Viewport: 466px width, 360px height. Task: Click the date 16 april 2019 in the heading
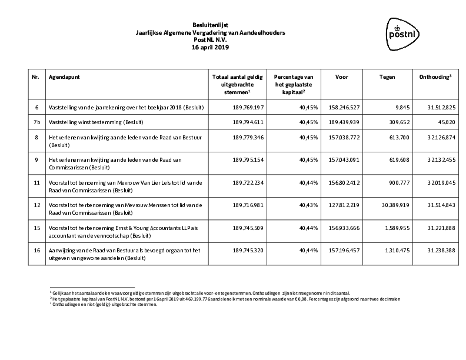tap(209, 46)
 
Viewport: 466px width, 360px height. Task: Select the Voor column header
tap(341, 77)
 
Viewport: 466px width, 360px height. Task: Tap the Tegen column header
tap(387, 77)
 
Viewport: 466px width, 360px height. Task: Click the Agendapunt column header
tap(64, 77)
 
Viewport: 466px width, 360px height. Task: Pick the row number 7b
tap(38, 122)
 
